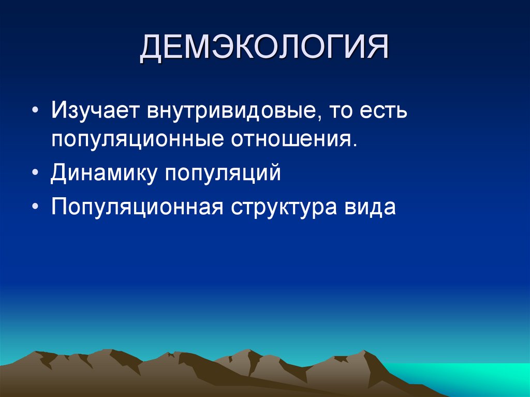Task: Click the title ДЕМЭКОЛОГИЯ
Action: click(264, 48)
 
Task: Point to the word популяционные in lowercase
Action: click(137, 141)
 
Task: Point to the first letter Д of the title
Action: click(152, 49)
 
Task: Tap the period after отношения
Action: click(355, 146)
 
